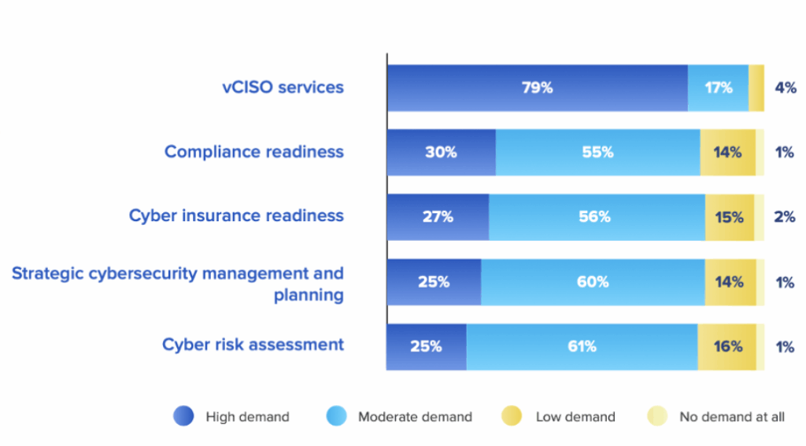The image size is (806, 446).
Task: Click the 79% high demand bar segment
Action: coord(537,88)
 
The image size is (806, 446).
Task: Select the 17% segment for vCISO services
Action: coord(718,88)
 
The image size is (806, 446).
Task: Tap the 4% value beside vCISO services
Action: coord(786,88)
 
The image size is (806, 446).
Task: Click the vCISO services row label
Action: coord(283,87)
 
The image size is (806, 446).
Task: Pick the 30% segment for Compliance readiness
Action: coord(441,153)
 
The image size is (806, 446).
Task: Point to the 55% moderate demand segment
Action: coord(597,153)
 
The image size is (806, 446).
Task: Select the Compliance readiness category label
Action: coord(253,152)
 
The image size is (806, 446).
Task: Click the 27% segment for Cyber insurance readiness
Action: coord(438,217)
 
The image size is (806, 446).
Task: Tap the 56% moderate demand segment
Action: coord(597,217)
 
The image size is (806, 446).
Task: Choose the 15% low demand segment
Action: coord(729,217)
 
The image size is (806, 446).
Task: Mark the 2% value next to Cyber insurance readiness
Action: coord(785,217)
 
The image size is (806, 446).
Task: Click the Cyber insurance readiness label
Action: coord(236,216)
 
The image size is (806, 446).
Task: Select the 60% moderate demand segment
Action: coord(593,282)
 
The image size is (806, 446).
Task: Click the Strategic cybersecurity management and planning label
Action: coord(178,284)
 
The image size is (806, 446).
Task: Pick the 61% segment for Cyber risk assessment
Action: coord(582,346)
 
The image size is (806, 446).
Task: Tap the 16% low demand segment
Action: coord(727,346)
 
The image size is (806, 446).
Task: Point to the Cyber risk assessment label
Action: coord(253,345)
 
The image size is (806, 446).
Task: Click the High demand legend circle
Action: coord(183,416)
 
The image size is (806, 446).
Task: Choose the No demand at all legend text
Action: coord(732,417)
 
